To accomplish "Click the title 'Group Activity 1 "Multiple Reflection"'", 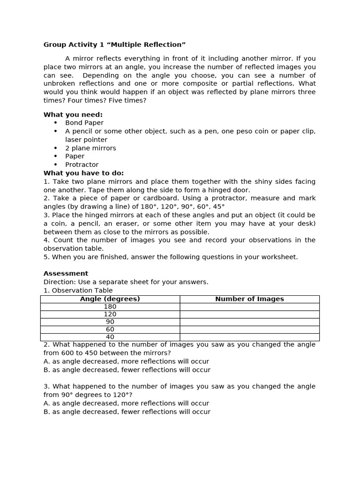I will pos(114,45).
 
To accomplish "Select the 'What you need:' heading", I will pos(73,114).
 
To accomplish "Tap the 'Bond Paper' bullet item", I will pos(84,123).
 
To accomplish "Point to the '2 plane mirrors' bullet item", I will pos(90,148).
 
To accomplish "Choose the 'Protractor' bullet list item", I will pos(82,165).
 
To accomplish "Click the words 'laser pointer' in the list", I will pos(86,140).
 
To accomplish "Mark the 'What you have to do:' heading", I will pos(83,173).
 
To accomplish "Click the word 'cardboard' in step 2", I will pos(162,198).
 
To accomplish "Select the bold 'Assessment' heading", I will pos(66,273).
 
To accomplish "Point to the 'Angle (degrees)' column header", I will pos(110,299).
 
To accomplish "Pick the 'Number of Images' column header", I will pos(249,299).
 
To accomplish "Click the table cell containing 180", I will pos(110,307).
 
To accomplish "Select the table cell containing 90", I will pos(110,322).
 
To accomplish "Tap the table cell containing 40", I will pos(110,337).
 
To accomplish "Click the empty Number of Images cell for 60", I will pos(249,330).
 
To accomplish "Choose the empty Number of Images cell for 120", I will pos(249,314).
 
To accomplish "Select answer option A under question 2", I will pos(126,361).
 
